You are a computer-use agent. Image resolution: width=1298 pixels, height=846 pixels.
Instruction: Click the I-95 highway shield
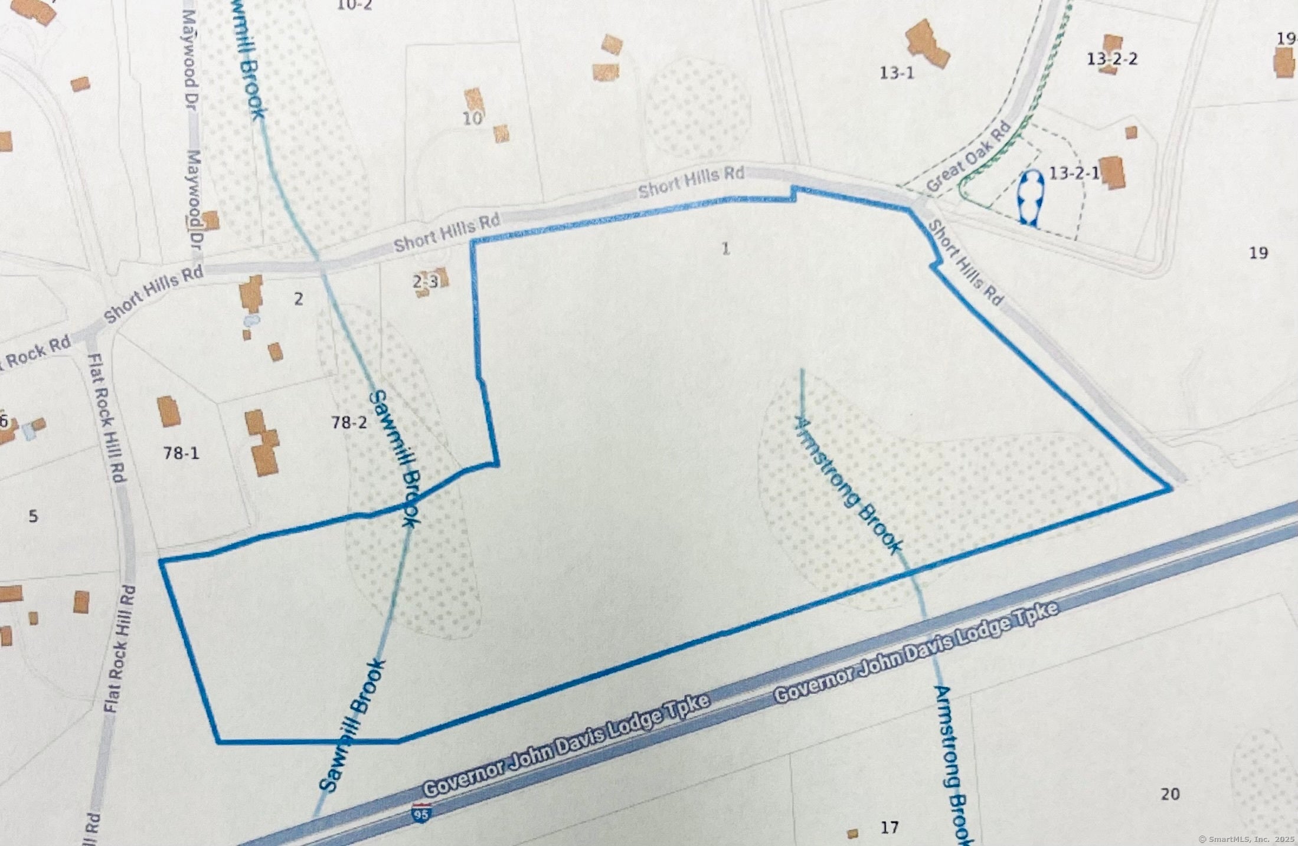click(x=421, y=813)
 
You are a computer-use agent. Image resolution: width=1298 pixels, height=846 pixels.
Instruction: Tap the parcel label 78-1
click(x=181, y=453)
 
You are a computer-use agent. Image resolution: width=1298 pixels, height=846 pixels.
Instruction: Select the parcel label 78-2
click(x=349, y=422)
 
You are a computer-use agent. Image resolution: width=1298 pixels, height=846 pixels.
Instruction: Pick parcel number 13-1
click(x=897, y=73)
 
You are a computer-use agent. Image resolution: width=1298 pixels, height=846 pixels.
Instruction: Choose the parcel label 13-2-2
click(x=1112, y=59)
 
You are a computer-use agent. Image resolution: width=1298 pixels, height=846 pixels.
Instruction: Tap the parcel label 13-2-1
click(x=1074, y=173)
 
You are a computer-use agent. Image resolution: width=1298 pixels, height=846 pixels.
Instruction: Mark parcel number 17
click(x=890, y=828)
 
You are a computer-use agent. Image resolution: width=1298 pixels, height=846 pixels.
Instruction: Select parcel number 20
click(x=1170, y=794)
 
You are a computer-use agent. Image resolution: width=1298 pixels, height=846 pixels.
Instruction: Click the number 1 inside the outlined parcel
click(x=726, y=249)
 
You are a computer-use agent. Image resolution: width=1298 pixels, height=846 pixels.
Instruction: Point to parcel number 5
click(x=33, y=516)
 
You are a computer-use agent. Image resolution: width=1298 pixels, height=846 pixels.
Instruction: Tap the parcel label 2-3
click(x=425, y=282)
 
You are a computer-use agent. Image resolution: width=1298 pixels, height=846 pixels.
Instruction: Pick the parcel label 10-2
click(x=354, y=6)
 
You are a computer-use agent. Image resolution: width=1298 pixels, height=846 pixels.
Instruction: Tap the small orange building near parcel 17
click(x=852, y=834)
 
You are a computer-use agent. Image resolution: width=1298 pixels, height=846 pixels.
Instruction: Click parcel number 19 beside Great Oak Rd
click(x=1258, y=253)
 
